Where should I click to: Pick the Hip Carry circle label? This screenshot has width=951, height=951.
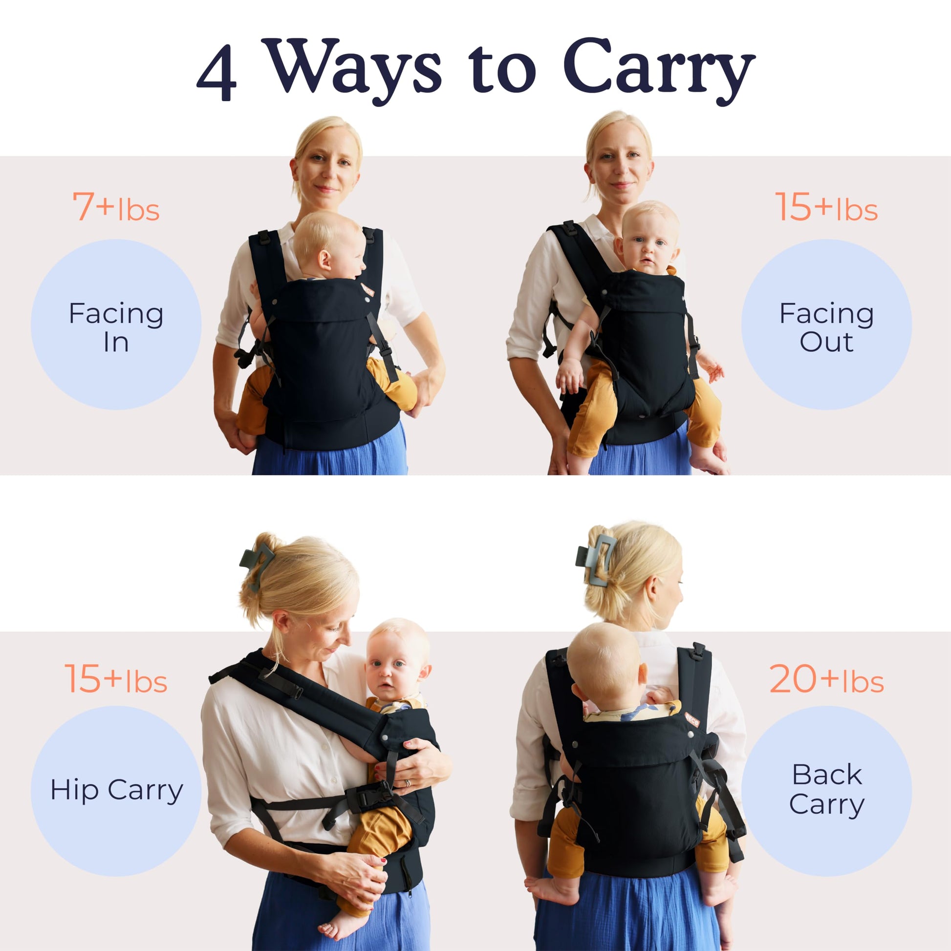point(116,791)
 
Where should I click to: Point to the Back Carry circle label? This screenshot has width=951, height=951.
point(826,791)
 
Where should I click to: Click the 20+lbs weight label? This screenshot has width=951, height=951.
point(826,679)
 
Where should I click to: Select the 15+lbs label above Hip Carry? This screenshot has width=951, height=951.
point(116,679)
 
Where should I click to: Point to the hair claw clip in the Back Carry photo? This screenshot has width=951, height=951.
point(595,559)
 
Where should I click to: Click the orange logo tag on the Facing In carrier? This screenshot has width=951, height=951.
point(367,290)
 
